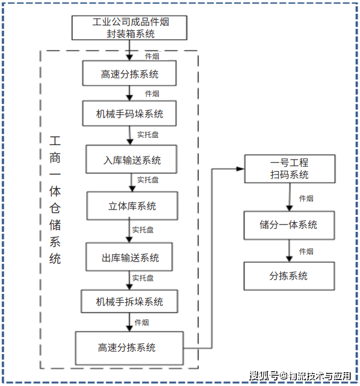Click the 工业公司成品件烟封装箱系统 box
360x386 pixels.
point(129,28)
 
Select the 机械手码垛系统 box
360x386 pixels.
point(129,113)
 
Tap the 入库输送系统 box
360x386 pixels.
point(131,159)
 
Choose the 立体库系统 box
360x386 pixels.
point(132,206)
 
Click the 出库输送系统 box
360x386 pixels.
point(129,257)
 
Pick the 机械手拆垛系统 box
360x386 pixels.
point(129,302)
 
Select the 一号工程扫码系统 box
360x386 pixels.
point(290,169)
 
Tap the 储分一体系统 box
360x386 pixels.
point(289,225)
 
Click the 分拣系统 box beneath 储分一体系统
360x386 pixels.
point(289,276)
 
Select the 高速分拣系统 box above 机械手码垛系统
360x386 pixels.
point(129,73)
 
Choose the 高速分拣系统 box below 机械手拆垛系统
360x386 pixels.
point(129,348)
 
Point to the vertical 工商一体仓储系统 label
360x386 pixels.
point(55,200)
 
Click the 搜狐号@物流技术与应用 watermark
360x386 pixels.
point(300,376)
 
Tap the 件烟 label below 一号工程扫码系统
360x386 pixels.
point(306,198)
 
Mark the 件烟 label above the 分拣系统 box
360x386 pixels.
point(306,251)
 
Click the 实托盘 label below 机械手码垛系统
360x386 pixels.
point(147,135)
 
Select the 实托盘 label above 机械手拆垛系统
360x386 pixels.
point(143,278)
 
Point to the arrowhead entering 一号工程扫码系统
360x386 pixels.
point(240,169)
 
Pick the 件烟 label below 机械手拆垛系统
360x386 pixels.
point(141,323)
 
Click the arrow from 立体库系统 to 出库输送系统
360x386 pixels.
point(129,230)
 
